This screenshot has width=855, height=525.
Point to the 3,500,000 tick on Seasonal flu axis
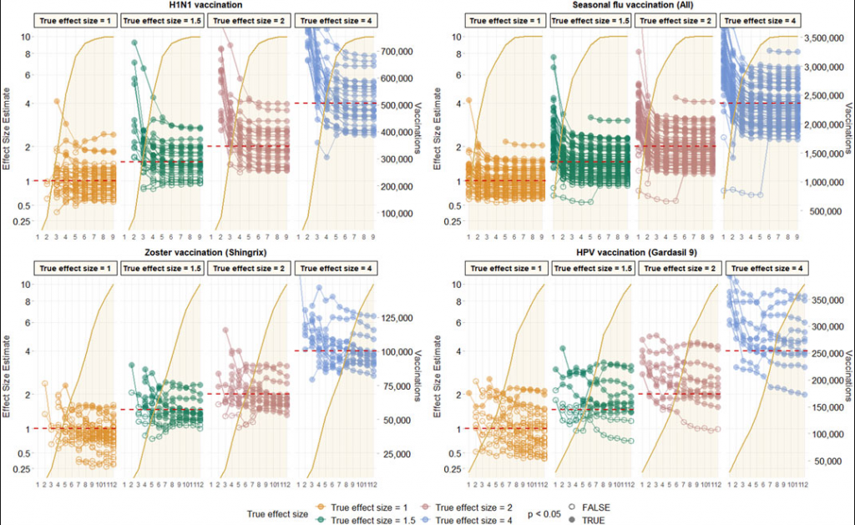(829, 38)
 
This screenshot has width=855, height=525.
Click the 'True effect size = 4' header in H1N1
(335, 19)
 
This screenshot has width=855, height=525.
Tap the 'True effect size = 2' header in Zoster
(249, 268)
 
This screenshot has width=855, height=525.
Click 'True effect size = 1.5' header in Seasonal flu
(592, 19)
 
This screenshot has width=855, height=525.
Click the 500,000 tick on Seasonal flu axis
(825, 210)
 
